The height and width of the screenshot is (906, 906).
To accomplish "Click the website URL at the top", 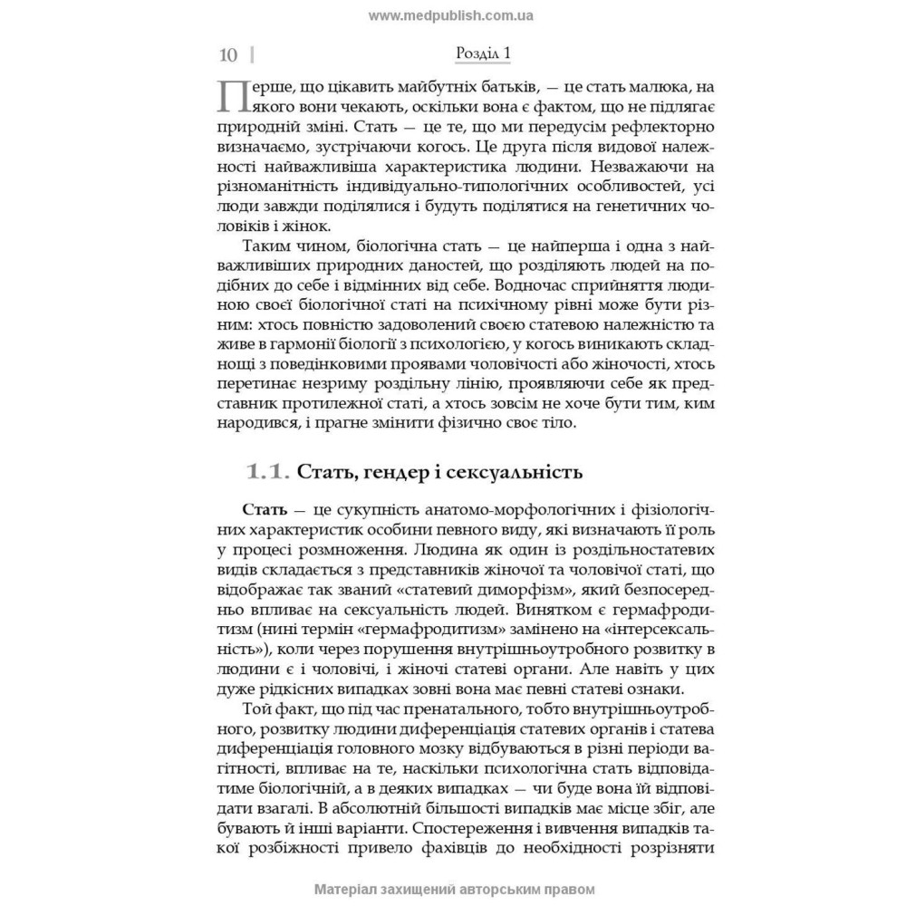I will [x=452, y=15].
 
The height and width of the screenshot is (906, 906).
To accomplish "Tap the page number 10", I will [x=228, y=55].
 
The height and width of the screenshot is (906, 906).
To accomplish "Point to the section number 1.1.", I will [x=267, y=471].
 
